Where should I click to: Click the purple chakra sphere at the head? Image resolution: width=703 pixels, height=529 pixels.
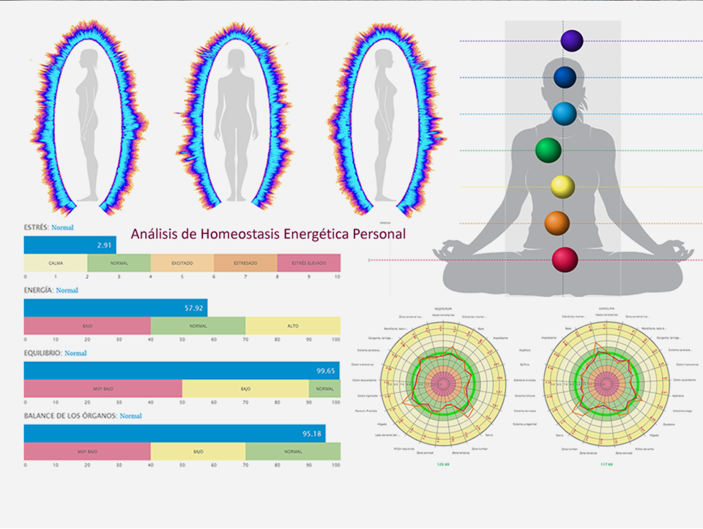(571, 40)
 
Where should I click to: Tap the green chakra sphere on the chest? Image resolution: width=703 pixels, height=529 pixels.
(548, 150)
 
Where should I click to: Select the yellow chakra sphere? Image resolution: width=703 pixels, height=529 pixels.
(562, 187)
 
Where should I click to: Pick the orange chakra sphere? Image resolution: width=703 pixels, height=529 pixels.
(557, 223)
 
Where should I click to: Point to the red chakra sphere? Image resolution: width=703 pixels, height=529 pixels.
(565, 260)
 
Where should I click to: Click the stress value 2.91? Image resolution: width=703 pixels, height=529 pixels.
(104, 245)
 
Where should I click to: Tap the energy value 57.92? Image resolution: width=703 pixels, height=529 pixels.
(196, 308)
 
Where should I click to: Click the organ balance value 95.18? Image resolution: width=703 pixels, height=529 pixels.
(313, 434)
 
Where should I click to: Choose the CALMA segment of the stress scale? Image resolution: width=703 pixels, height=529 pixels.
(56, 263)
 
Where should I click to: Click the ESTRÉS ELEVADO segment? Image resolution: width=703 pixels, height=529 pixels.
(309, 263)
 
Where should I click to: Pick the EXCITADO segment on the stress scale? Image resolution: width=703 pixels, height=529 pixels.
(182, 263)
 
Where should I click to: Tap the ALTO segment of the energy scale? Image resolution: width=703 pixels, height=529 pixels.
(293, 326)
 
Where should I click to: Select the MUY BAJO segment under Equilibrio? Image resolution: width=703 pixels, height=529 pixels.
(103, 389)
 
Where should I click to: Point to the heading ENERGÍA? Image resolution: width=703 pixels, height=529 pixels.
(37, 290)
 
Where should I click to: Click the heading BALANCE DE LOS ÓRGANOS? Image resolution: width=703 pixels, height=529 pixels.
(70, 416)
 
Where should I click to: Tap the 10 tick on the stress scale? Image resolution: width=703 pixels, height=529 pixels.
(337, 277)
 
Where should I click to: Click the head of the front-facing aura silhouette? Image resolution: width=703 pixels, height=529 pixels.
(236, 60)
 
